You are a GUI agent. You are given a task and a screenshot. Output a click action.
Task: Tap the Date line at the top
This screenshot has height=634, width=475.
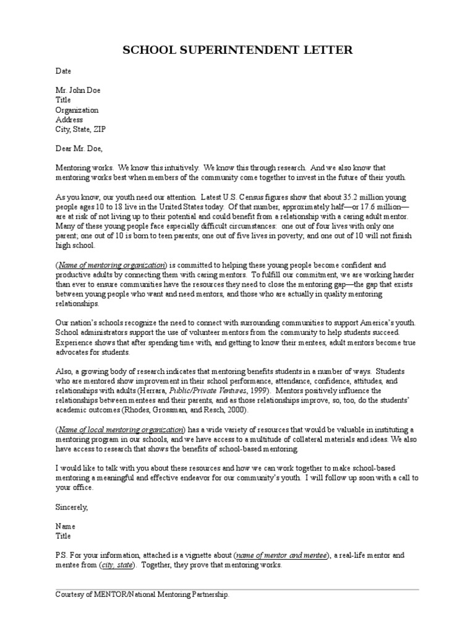click(x=64, y=72)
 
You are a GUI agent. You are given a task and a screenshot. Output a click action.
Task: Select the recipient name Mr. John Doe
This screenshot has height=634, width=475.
click(x=78, y=90)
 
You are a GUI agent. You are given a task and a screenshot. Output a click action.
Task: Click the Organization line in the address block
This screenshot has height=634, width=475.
click(x=77, y=110)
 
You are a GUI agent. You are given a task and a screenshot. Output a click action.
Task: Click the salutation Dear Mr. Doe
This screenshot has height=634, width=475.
click(x=79, y=149)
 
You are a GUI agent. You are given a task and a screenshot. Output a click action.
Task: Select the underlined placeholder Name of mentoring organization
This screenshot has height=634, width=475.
click(x=112, y=265)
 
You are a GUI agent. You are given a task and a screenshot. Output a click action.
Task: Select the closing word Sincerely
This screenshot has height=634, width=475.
click(x=72, y=507)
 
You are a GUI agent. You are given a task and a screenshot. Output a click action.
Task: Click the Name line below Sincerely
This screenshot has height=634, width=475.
click(x=66, y=526)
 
